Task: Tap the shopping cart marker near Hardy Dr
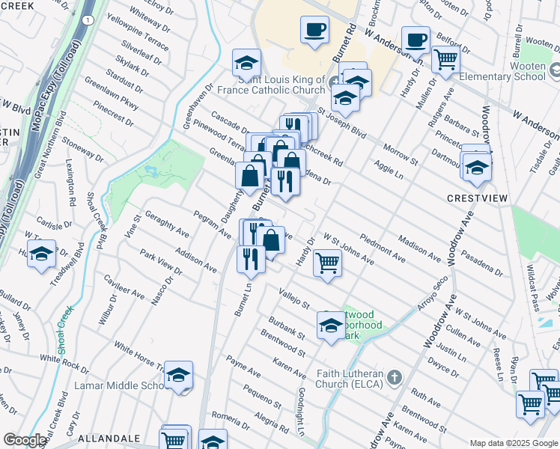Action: pos(327,263)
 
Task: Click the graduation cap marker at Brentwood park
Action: pos(330,325)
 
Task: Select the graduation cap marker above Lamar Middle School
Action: pos(178,375)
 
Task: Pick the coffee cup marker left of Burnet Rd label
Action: pos(315,30)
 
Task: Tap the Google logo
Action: pos(25,440)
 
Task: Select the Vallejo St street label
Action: pos(295,299)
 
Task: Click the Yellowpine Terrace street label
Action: pos(138,34)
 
